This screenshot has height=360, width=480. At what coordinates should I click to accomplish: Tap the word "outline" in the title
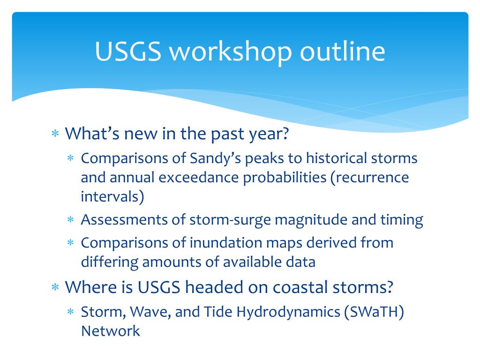343,52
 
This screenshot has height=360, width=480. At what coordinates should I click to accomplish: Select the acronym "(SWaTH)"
374,312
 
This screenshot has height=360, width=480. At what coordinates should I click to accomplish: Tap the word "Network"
111,330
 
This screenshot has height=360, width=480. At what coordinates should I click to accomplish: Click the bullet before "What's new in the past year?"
55,134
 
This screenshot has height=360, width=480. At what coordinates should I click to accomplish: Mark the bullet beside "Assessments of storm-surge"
71,220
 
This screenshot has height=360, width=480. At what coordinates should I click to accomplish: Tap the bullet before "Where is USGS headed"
55,287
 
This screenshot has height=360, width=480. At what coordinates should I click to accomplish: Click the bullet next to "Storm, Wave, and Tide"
71,312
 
